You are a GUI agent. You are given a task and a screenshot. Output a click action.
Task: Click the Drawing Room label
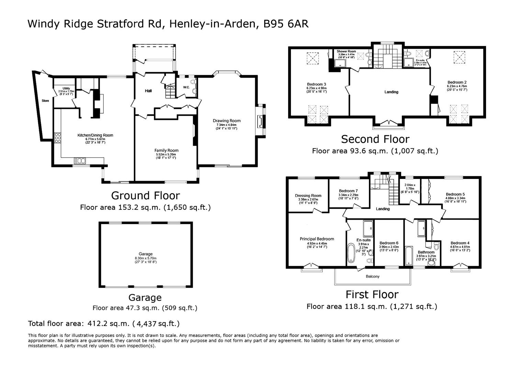point(226,121)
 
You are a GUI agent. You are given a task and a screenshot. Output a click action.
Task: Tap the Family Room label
point(166,150)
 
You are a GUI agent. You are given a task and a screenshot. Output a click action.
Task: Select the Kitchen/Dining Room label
point(95,135)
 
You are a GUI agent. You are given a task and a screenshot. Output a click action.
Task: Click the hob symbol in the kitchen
point(57,137)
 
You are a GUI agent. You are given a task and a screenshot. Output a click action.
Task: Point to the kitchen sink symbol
point(80,160)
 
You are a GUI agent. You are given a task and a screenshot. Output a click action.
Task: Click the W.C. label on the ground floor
point(186,87)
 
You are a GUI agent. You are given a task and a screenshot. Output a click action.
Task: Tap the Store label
point(45,101)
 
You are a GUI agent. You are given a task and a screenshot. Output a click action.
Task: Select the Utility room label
point(66,88)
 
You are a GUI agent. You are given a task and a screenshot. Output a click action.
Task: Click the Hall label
point(148,91)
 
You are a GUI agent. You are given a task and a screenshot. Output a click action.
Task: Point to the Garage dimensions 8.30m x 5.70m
point(146,258)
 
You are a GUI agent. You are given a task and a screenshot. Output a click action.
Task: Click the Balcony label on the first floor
point(372,276)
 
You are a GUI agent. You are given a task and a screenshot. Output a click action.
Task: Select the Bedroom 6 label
point(389,243)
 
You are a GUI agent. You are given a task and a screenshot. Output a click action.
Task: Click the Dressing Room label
point(308,196)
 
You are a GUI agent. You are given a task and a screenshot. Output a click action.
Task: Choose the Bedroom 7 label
point(348,191)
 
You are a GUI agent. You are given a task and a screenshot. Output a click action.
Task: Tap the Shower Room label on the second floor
point(346,51)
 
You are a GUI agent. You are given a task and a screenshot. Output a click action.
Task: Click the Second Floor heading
point(375,139)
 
